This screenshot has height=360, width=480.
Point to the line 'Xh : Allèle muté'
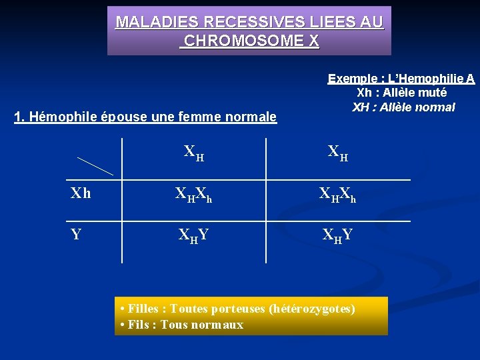tap(401, 93)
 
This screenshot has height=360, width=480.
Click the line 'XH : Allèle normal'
tap(403, 107)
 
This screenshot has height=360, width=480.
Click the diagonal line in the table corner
tap(95, 166)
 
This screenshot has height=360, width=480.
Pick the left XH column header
tap(194, 153)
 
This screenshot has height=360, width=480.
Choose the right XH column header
tap(338, 153)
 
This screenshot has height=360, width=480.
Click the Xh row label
tap(81, 194)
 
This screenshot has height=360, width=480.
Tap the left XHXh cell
tap(194, 195)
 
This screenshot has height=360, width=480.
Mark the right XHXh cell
tap(338, 195)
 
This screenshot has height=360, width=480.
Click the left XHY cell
tap(194, 235)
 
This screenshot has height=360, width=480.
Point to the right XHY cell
tap(338, 235)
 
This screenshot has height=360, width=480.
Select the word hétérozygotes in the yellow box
tap(312, 309)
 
